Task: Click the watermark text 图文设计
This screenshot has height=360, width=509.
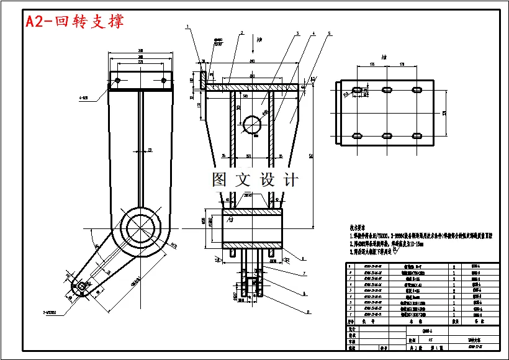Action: [x=254, y=180]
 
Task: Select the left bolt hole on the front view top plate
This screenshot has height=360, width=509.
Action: [x=117, y=80]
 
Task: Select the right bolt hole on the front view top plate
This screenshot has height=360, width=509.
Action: [x=163, y=80]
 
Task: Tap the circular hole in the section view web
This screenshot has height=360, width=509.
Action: [x=252, y=125]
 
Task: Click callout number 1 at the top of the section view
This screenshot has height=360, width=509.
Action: [x=187, y=27]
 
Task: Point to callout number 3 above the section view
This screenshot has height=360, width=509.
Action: [x=297, y=33]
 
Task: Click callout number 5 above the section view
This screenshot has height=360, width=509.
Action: [x=329, y=33]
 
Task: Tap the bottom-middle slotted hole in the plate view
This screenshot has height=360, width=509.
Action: [x=386, y=135]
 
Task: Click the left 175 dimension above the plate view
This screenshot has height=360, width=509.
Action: [x=372, y=64]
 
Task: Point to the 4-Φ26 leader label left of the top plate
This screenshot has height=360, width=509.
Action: [x=83, y=97]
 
